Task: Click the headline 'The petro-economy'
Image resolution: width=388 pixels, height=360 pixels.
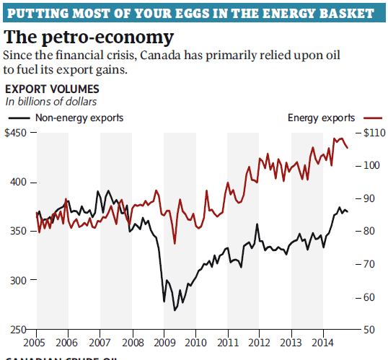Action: coord(89,37)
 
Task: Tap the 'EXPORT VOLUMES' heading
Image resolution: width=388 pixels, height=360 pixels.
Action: coord(48,89)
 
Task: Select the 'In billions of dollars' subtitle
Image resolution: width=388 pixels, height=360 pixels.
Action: coord(51,102)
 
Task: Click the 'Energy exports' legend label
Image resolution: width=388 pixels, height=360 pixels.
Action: coord(321,117)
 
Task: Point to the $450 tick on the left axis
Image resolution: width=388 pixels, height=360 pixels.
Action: coord(17,133)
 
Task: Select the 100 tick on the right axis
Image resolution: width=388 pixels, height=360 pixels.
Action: coord(371,165)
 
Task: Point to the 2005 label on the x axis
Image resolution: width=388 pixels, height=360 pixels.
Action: coord(36,342)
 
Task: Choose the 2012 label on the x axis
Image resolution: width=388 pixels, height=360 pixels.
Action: coord(260,342)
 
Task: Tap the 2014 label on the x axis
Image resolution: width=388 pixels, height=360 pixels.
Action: coord(323,342)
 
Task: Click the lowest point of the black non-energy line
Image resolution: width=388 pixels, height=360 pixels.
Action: coord(174,310)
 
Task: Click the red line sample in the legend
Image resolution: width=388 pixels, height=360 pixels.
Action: coord(371,117)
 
